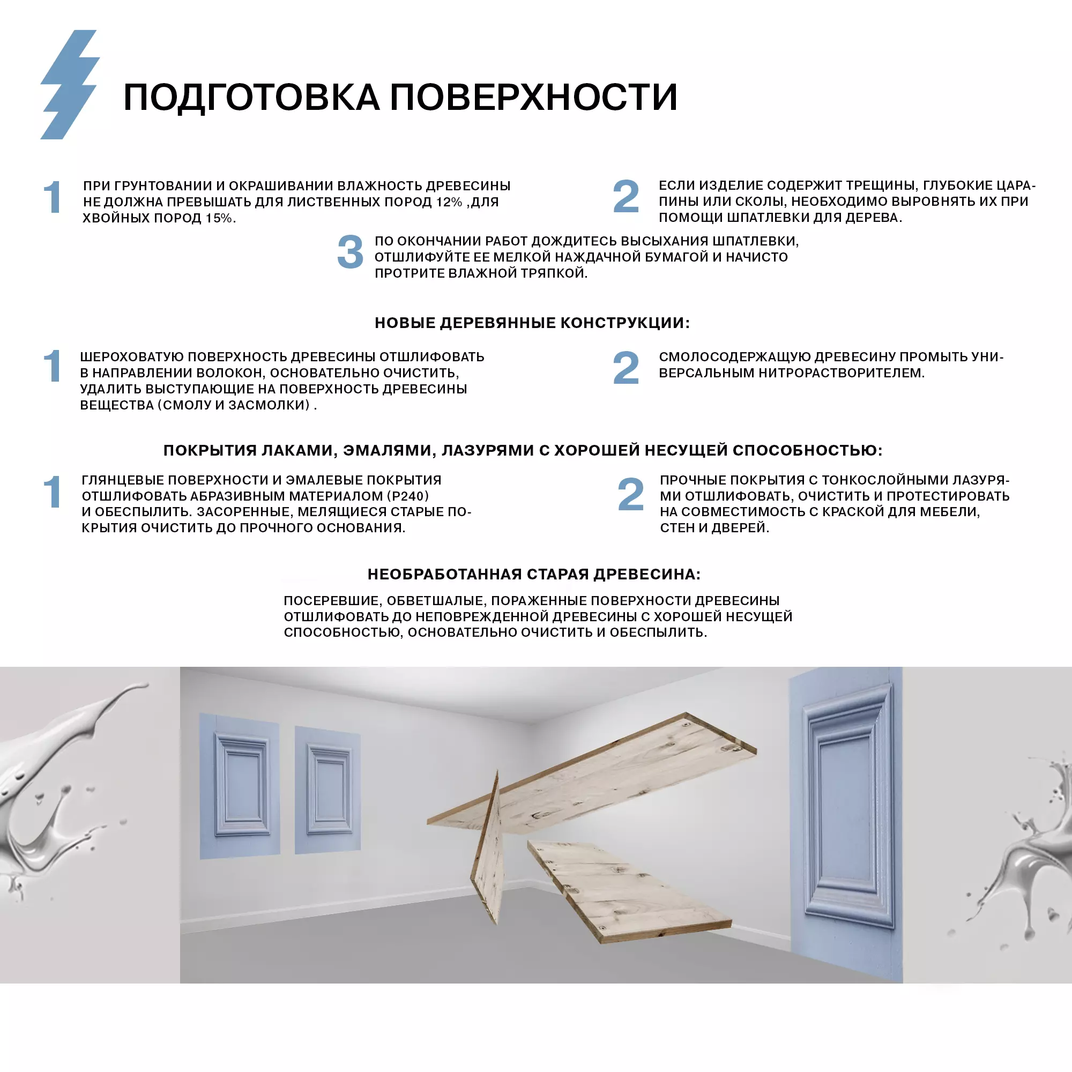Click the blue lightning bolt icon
point(69,84)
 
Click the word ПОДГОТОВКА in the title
point(251,98)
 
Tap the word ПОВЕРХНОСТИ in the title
point(533,98)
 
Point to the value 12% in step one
point(449,202)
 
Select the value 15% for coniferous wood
point(219,218)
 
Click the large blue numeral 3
point(350,252)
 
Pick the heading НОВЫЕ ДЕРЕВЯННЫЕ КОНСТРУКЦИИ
point(532,323)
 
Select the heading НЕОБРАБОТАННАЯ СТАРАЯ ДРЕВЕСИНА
point(534,574)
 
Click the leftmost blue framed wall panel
point(239,786)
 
